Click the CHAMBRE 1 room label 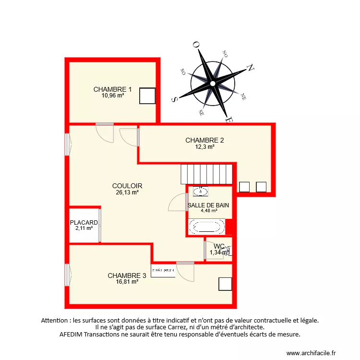[x=112, y=89]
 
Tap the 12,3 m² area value [x=204, y=147]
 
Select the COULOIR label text [x=127, y=186]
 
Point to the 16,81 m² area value [x=127, y=282]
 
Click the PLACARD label [x=84, y=223]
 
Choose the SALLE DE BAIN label [x=208, y=205]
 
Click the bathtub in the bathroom [x=207, y=227]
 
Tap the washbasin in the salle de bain [x=201, y=192]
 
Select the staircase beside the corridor [x=206, y=174]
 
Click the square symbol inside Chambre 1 [x=147, y=96]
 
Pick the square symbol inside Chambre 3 [x=225, y=284]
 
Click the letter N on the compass [x=250, y=68]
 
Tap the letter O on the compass [x=196, y=45]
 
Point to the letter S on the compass [x=175, y=99]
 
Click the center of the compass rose [x=212, y=84]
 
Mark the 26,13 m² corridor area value [x=127, y=192]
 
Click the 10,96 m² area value [x=113, y=96]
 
